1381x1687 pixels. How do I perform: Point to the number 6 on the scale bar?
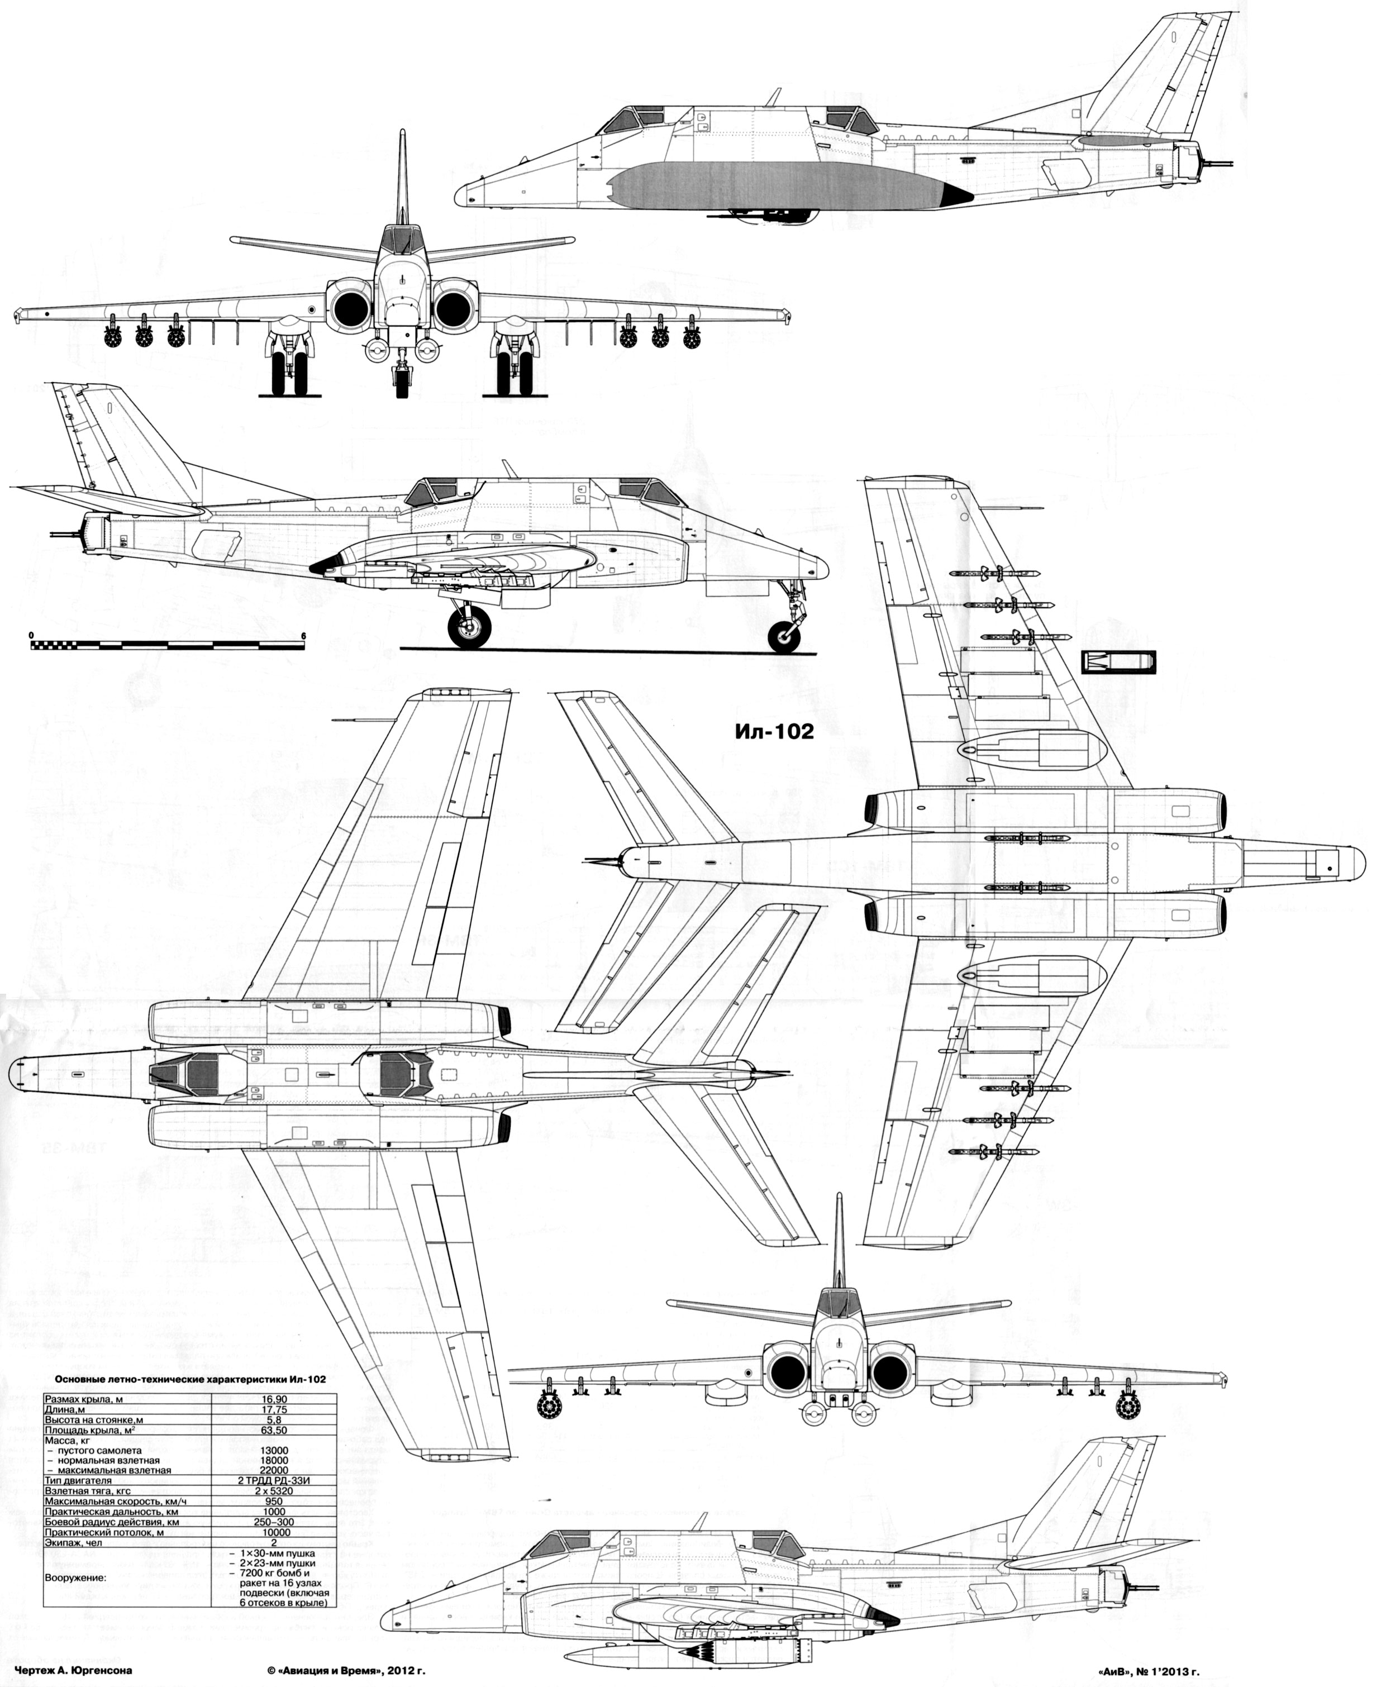click(x=303, y=636)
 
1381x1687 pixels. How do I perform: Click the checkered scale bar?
click(x=167, y=645)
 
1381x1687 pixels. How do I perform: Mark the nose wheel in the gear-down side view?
click(x=786, y=636)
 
